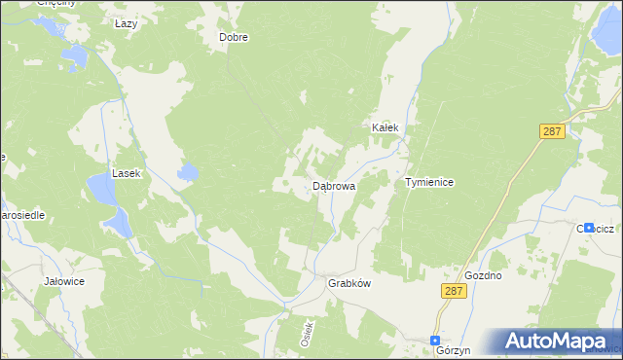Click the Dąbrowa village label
click(x=334, y=185)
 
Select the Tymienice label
click(x=430, y=182)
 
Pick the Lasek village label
click(x=127, y=173)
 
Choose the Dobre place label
click(x=234, y=38)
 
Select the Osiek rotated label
click(x=306, y=335)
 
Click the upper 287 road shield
click(x=553, y=130)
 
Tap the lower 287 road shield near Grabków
click(x=451, y=292)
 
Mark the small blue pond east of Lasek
click(x=188, y=174)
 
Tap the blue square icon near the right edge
click(x=589, y=227)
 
